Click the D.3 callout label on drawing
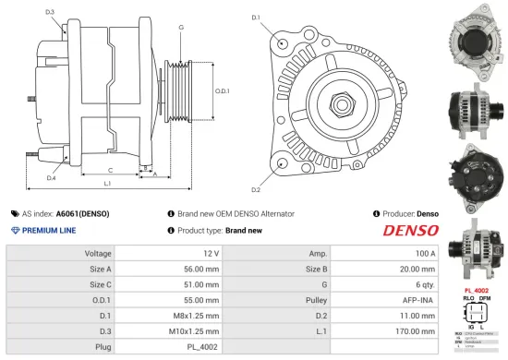(x=49, y=12)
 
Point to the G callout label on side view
(x=180, y=28)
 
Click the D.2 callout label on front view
(x=255, y=189)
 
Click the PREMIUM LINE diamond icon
(x=15, y=230)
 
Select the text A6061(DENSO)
(x=81, y=213)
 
